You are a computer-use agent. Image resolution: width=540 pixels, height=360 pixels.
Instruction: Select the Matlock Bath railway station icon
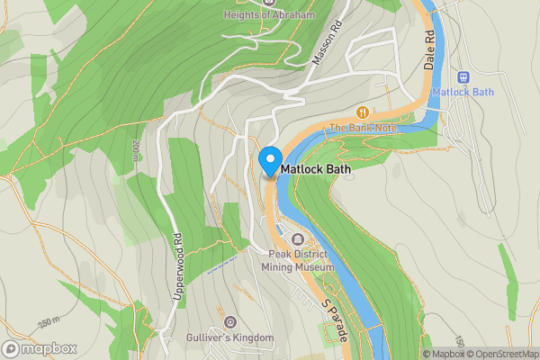(464, 78)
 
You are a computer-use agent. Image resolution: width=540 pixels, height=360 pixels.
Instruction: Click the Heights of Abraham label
(267, 15)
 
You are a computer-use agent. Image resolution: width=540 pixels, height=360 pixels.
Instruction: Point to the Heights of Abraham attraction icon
(267, 3)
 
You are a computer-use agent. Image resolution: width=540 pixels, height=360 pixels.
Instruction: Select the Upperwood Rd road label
(177, 267)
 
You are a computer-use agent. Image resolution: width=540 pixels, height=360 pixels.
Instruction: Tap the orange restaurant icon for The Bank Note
(363, 112)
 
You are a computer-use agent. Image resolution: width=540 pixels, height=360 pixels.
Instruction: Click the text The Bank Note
(363, 128)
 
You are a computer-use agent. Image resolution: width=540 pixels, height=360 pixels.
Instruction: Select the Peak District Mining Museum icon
(298, 238)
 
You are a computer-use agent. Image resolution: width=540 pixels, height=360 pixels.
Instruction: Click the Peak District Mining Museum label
(298, 261)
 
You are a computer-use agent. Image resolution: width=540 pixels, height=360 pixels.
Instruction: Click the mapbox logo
(40, 348)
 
